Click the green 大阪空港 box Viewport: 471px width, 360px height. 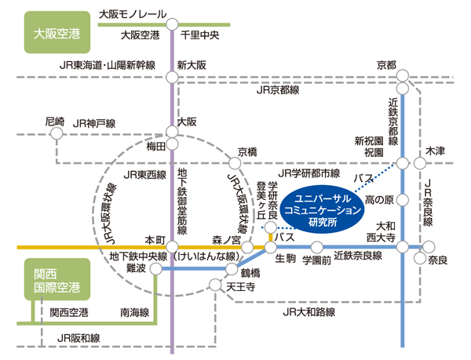click(x=57, y=32)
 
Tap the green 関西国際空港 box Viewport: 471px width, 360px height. click(x=57, y=279)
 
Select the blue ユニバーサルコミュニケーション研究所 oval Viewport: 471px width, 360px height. click(x=323, y=211)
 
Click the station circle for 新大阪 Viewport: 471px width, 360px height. click(x=172, y=77)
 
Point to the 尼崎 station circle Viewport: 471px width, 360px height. click(x=57, y=133)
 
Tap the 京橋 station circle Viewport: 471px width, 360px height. click(x=235, y=163)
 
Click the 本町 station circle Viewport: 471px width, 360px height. click(x=172, y=247)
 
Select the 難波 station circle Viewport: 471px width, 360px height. click(x=156, y=269)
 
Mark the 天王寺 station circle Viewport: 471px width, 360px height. click(x=215, y=285)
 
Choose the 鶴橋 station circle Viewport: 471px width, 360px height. click(x=232, y=269)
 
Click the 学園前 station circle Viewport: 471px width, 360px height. click(x=316, y=248)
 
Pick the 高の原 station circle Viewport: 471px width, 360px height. click(x=403, y=200)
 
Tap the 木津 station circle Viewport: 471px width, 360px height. click(x=420, y=163)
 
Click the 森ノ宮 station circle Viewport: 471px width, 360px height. click(x=247, y=248)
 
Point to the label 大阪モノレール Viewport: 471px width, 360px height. click(x=133, y=14)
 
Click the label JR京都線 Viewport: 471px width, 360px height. click(x=278, y=89)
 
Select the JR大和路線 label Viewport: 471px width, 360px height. click(x=309, y=312)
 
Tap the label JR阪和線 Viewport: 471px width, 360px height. click(x=78, y=338)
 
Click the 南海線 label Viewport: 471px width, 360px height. click(x=134, y=313)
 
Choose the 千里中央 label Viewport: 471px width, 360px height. click(x=199, y=35)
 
